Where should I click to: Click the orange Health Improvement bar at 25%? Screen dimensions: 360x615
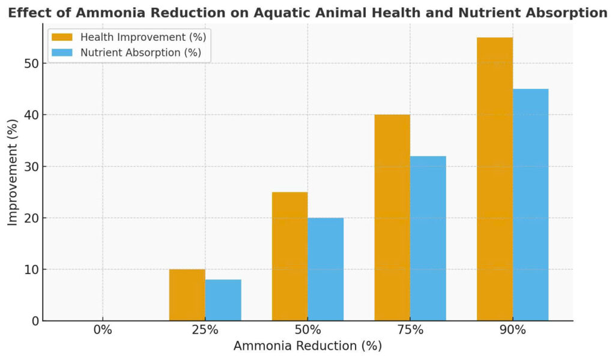pos(187,294)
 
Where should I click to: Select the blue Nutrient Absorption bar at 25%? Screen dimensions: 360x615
pos(223,300)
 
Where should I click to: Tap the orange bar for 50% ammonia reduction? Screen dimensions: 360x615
pos(289,256)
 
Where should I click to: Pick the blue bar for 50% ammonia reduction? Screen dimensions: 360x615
pos(326,269)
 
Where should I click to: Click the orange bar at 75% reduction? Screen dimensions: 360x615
pos(392,218)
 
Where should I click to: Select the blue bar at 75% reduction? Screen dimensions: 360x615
pos(428,238)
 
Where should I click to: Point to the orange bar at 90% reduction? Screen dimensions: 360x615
pos(495,179)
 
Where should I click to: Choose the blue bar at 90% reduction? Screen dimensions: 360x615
pos(530,204)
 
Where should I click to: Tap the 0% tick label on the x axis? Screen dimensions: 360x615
pos(103,330)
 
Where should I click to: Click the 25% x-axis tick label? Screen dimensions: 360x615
pos(205,330)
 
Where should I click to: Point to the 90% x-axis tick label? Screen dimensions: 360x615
pos(513,330)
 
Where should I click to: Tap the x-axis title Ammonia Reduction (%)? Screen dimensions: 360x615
pos(307,346)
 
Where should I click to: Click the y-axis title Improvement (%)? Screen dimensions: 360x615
pos(13,172)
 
